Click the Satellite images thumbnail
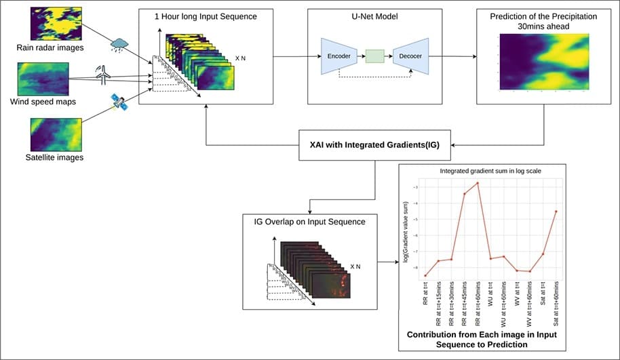point(55,135)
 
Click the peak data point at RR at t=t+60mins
point(478,183)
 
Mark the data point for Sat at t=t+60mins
point(556,212)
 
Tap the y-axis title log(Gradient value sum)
point(406,231)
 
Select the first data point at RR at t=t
point(425,275)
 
